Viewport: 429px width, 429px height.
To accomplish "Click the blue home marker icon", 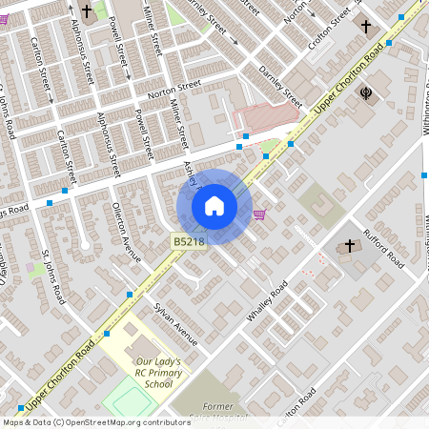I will (x=214, y=206).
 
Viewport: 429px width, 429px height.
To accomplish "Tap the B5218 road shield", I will (x=187, y=243).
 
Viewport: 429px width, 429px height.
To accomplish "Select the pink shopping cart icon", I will (x=259, y=214).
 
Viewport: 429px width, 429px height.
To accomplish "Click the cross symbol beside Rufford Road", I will (x=349, y=246).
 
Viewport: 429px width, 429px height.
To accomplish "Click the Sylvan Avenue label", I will (x=177, y=323).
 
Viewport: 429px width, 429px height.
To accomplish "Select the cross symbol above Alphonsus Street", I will (x=88, y=12).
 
